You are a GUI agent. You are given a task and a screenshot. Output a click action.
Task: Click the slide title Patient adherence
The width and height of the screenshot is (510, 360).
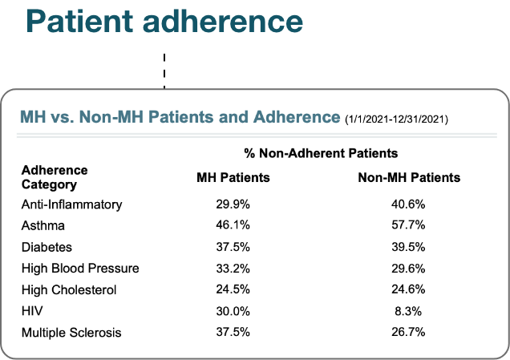(x=164, y=22)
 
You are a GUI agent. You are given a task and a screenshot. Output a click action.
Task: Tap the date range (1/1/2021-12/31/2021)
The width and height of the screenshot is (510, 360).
(x=396, y=119)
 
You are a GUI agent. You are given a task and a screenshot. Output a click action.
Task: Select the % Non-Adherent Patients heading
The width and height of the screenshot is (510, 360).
(x=321, y=153)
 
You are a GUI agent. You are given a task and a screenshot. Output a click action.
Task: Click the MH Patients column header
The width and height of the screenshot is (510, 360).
(x=233, y=177)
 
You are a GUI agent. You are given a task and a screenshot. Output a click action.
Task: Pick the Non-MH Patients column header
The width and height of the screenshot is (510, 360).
(x=409, y=177)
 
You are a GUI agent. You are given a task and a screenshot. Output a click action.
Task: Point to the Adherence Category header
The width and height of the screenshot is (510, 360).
(x=55, y=177)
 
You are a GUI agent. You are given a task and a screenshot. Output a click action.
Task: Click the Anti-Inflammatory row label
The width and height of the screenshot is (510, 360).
(x=72, y=205)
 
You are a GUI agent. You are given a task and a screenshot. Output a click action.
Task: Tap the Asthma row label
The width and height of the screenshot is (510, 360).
(x=43, y=225)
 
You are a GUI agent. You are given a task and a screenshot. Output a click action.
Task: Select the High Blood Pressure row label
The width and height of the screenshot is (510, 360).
(x=80, y=269)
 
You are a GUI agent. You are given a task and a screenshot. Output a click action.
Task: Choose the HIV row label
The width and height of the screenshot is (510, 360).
(x=32, y=311)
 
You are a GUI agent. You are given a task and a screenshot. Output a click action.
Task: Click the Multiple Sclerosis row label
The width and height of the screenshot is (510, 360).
(x=71, y=333)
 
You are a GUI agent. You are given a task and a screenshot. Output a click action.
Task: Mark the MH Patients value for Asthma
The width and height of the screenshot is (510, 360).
(x=233, y=225)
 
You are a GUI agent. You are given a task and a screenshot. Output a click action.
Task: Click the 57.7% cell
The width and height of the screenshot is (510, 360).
(x=408, y=225)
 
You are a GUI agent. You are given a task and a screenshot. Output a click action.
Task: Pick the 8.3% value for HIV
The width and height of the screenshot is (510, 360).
(x=408, y=311)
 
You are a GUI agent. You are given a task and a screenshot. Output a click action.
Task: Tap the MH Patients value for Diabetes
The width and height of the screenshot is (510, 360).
(x=233, y=247)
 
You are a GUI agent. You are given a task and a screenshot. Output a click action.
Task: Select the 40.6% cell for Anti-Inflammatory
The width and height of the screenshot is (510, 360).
(x=408, y=204)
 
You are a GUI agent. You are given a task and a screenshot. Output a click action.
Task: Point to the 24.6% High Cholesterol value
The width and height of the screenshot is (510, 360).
(x=408, y=289)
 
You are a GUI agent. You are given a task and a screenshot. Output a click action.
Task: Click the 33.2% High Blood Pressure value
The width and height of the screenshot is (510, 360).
(x=233, y=269)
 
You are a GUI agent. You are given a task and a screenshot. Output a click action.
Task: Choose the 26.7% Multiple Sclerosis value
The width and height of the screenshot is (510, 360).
(x=408, y=333)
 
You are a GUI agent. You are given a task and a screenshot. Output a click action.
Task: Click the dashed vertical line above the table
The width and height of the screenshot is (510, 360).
(x=164, y=71)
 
